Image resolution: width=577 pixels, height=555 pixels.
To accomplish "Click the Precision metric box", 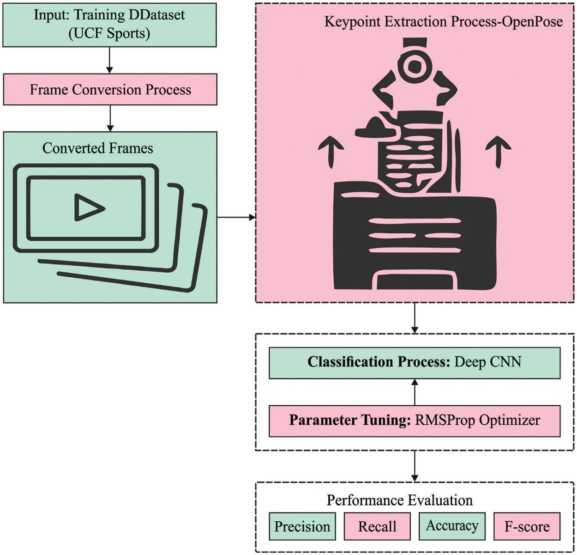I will pos(302,526).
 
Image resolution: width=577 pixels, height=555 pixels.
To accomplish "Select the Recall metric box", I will pos(377,526).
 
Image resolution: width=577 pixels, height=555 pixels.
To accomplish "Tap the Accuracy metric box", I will pos(452,526).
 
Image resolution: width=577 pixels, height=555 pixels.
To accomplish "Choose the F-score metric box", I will pos(527,526).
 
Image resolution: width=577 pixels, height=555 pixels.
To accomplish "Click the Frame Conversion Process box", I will pos(110,90).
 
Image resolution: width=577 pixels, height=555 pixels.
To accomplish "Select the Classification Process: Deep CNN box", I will pos(414,362).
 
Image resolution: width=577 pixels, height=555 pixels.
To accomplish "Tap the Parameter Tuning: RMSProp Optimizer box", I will pos(414,420).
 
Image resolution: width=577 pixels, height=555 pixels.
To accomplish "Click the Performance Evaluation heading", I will pos(400,500).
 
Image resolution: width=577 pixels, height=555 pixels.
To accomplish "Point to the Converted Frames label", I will pos(97,148).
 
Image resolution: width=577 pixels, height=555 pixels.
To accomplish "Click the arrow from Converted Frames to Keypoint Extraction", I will pos(236,217).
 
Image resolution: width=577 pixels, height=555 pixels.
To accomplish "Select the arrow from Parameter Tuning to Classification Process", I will pos(415,392).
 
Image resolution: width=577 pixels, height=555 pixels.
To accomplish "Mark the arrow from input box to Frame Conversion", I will pos(109,60).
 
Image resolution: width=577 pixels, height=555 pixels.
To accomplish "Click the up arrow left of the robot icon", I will pos(331,151).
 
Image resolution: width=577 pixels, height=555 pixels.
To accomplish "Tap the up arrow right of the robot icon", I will pos(499,151).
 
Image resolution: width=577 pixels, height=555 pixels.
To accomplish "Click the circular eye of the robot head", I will pos(414,66).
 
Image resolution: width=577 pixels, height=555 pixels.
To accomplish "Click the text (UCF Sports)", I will pos(109,34).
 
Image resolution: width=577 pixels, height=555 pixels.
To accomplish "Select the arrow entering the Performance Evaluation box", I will pos(415,467).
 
